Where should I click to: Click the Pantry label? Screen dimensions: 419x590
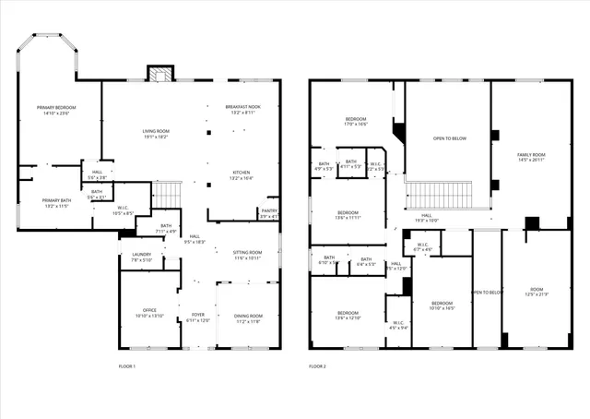point(268,213)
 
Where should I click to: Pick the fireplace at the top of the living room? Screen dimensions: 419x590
point(160,75)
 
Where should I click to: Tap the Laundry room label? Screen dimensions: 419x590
point(141,257)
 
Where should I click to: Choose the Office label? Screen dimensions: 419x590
point(149,313)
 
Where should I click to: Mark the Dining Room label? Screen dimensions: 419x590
point(248,317)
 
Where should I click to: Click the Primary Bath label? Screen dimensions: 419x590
point(56,203)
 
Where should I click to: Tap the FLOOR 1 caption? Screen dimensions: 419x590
point(127,367)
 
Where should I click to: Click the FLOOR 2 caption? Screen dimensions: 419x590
point(319,367)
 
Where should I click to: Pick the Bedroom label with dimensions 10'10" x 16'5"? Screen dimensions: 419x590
point(442,305)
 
